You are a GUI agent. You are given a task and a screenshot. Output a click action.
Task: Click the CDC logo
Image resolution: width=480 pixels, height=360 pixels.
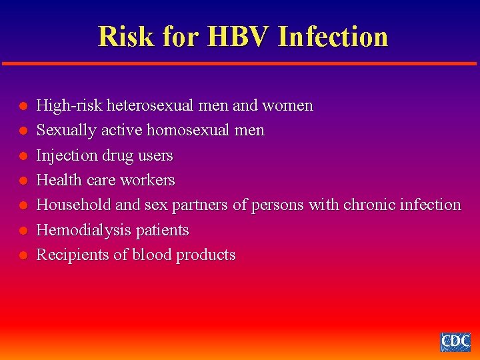click(455, 341)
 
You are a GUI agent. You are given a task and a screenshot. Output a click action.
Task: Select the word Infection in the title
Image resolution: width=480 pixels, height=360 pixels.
click(333, 36)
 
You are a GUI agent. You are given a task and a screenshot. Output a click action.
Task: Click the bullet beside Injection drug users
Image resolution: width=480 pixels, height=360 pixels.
click(22, 156)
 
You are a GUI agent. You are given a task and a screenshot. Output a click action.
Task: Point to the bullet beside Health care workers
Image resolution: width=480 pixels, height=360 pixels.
click(22, 181)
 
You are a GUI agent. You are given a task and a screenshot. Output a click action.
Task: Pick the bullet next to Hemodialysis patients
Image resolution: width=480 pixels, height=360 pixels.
click(22, 231)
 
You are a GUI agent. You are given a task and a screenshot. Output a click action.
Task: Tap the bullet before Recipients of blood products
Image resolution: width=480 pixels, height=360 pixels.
click(22, 255)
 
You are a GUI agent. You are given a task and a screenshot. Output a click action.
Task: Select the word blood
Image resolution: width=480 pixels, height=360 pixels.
click(152, 255)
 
